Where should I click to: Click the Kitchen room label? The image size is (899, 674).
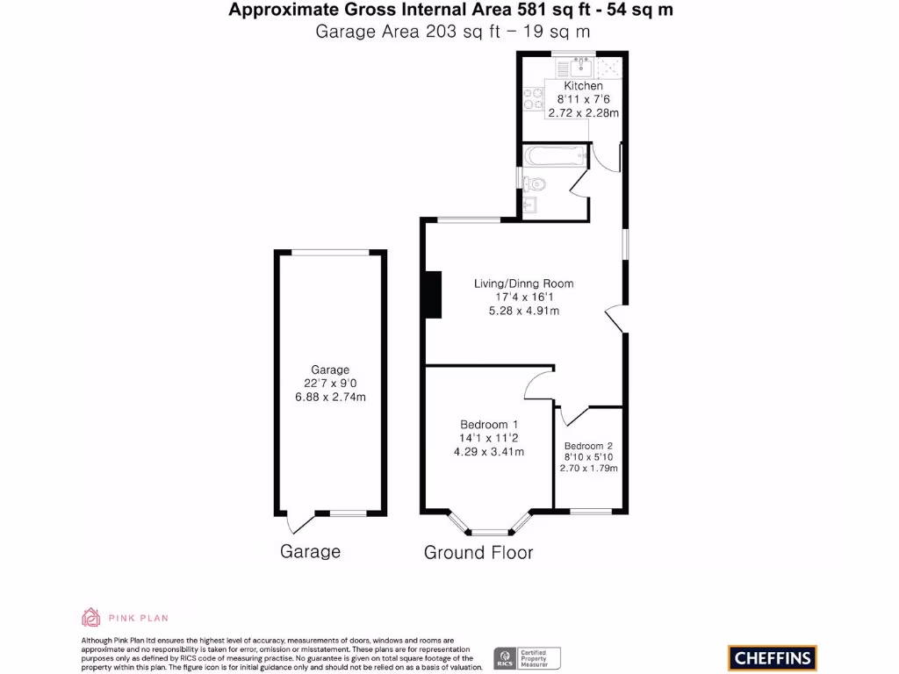point(583,86)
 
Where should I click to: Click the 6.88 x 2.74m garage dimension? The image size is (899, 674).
point(330,397)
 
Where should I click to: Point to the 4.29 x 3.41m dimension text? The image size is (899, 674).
point(489,452)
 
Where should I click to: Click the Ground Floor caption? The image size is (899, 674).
point(478,552)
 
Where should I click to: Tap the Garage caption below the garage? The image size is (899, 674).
point(310,552)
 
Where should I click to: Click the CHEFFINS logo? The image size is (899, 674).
point(773,657)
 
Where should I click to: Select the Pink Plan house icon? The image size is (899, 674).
point(90,617)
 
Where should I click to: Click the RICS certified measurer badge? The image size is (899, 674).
point(527,657)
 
